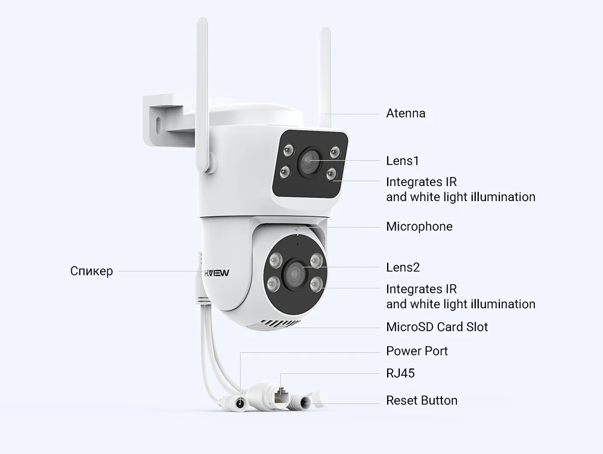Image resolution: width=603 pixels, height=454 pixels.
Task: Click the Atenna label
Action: [x=405, y=113]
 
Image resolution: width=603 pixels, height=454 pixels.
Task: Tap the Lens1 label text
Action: [x=402, y=161]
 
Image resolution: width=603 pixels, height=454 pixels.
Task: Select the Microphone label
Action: [x=419, y=226]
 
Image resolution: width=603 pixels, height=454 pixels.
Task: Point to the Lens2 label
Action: [x=403, y=267]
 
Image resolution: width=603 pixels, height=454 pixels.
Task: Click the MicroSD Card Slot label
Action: [x=437, y=327]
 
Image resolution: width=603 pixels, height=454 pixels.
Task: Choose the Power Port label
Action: [x=417, y=351]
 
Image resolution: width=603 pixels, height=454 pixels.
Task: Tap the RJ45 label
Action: [x=400, y=373]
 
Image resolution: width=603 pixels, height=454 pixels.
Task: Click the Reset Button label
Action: [x=421, y=400]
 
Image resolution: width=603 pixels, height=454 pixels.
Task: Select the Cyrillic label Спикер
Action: [x=91, y=271]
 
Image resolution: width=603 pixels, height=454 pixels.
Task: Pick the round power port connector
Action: [x=241, y=403]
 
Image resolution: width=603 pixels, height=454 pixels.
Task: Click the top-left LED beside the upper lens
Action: [x=286, y=149]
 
